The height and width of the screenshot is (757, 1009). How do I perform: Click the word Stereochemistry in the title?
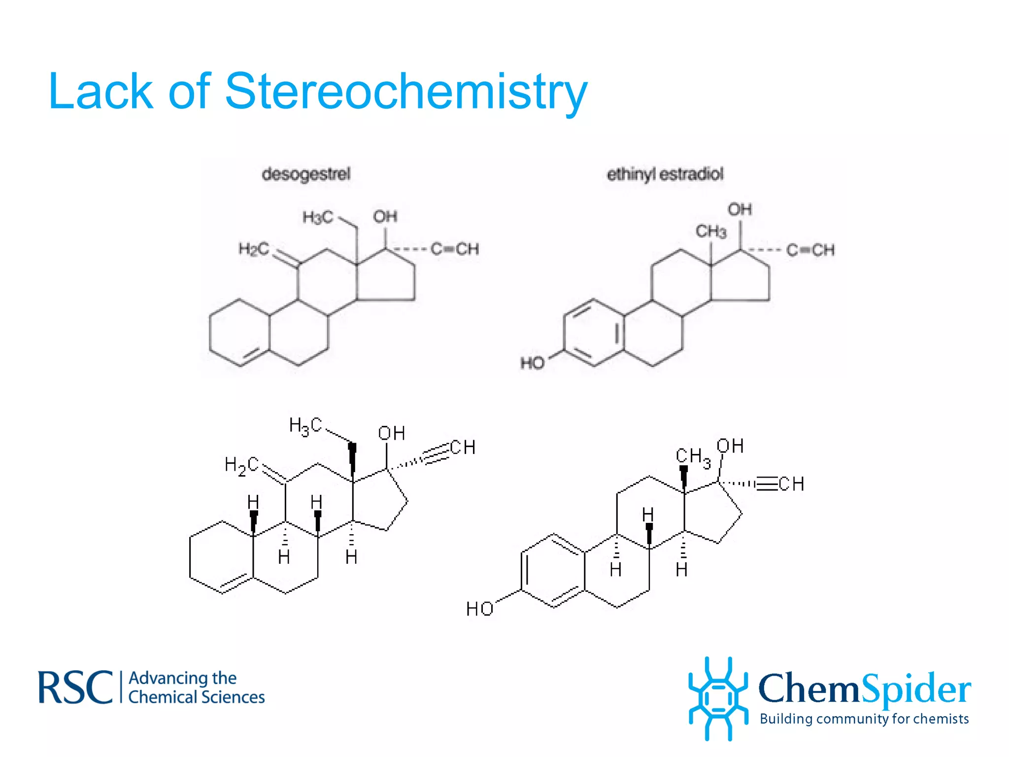tap(406, 92)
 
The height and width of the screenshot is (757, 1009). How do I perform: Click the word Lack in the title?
tap(101, 92)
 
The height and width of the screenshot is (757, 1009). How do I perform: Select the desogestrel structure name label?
tap(306, 174)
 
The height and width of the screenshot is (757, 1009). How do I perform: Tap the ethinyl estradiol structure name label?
tap(665, 174)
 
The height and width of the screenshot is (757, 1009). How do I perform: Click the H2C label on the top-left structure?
tap(254, 249)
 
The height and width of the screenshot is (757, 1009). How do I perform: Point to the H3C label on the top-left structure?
tap(318, 217)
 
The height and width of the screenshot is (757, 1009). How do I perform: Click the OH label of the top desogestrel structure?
tap(385, 216)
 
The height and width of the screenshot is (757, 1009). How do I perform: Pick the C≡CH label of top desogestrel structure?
tap(455, 249)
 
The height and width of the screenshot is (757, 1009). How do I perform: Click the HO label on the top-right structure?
tap(533, 363)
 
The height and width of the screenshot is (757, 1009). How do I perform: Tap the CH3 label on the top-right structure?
tap(711, 231)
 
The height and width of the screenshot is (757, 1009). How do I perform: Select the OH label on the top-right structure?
tap(740, 209)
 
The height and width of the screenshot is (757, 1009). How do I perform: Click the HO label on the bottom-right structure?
tap(479, 609)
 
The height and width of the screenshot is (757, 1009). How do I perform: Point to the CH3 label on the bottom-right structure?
tap(693, 457)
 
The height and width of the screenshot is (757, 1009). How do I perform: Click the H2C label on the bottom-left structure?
tap(241, 465)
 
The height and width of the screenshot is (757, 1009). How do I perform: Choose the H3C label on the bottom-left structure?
tap(305, 426)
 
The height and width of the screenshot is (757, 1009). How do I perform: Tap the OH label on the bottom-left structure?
tap(392, 433)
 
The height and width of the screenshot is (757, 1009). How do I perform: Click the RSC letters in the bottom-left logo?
tap(75, 688)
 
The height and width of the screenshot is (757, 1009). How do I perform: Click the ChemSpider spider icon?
tap(718, 698)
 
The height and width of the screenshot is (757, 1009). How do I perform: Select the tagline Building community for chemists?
tap(864, 719)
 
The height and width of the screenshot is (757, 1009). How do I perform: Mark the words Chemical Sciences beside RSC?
tap(197, 697)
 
